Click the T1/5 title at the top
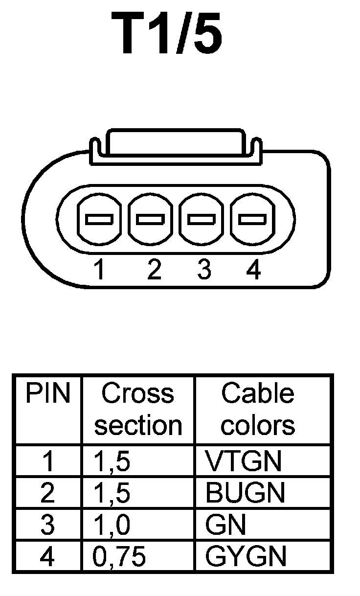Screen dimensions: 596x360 point(167,33)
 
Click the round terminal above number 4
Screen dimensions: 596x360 point(252,219)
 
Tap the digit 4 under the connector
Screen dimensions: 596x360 point(253,270)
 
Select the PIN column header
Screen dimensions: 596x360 point(47,394)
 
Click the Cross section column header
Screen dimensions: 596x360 point(138,410)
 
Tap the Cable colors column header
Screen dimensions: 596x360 point(258,410)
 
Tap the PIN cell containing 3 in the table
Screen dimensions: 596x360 point(47,525)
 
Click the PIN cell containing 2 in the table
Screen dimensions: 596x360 point(47,493)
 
